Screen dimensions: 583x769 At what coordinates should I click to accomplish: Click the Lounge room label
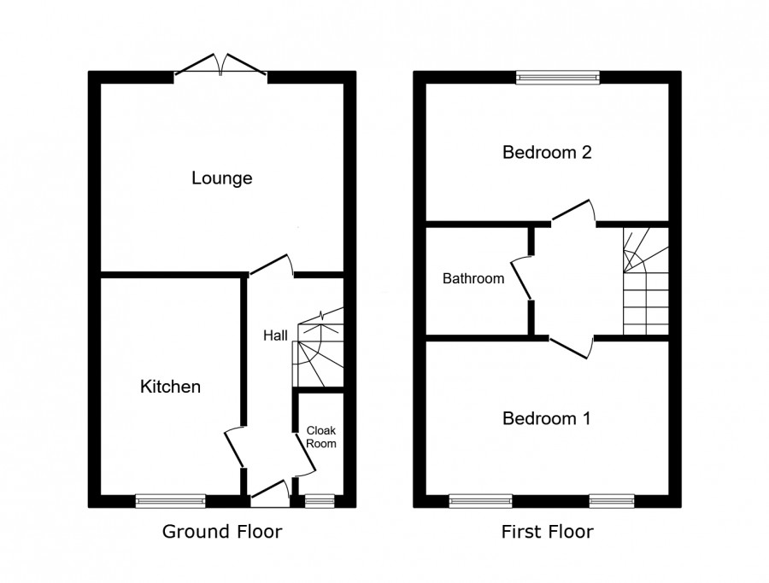tap(222, 178)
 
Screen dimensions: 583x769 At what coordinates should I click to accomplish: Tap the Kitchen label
tap(170, 387)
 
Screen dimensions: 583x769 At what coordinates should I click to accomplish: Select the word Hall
tap(275, 336)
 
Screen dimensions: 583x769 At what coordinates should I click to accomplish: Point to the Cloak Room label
tap(322, 436)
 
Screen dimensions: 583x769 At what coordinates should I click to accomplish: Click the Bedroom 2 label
tap(547, 153)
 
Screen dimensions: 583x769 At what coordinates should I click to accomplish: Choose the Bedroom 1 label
tap(547, 418)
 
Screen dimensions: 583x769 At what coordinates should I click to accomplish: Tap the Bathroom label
tap(473, 278)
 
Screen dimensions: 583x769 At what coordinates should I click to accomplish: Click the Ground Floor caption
tap(222, 532)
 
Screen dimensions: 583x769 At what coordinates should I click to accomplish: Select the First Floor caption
tap(547, 532)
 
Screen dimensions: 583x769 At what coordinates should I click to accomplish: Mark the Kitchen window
tap(170, 501)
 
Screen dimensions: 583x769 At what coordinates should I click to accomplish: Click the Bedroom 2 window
tap(557, 78)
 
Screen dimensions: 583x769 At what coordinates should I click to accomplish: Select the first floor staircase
tap(645, 282)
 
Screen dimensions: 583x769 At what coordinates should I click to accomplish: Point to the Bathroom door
tap(524, 278)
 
